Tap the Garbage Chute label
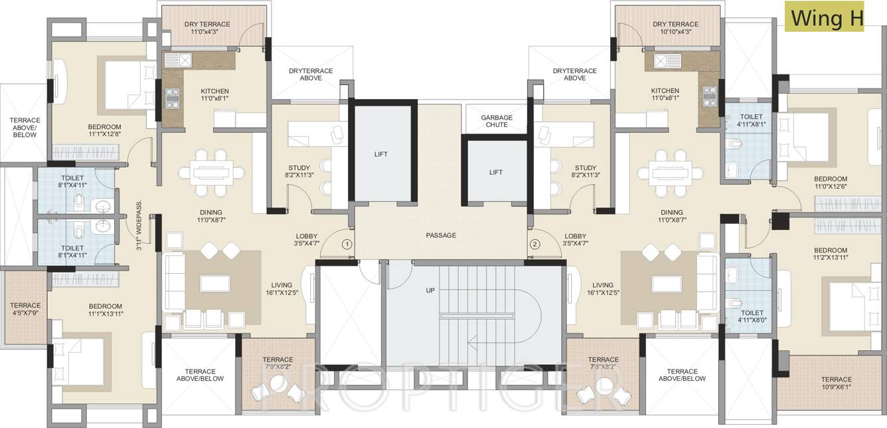(x=497, y=121)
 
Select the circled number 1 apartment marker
(x=347, y=244)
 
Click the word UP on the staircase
(x=430, y=290)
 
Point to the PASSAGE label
(x=441, y=235)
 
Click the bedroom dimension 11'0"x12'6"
(x=831, y=187)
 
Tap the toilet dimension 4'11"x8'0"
(x=752, y=320)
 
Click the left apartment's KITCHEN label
(x=214, y=91)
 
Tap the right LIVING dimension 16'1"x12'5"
(x=603, y=293)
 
